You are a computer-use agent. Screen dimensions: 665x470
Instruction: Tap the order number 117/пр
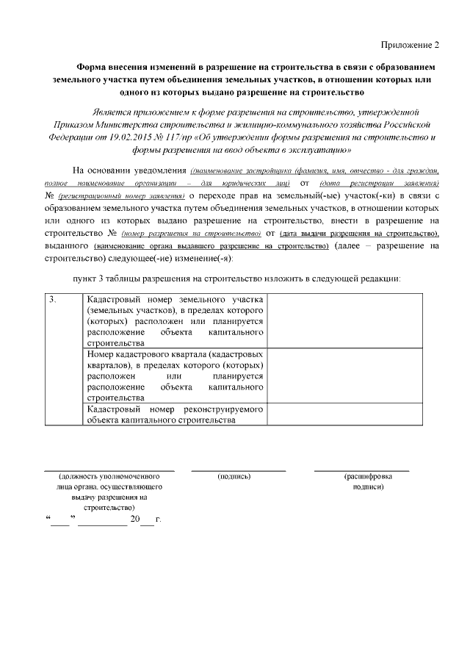(x=176, y=137)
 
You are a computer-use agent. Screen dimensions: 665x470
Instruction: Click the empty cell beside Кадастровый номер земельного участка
(x=345, y=320)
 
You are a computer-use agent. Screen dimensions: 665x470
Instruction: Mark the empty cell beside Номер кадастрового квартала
(x=345, y=375)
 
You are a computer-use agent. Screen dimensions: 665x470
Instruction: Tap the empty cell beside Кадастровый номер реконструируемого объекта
(x=345, y=414)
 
